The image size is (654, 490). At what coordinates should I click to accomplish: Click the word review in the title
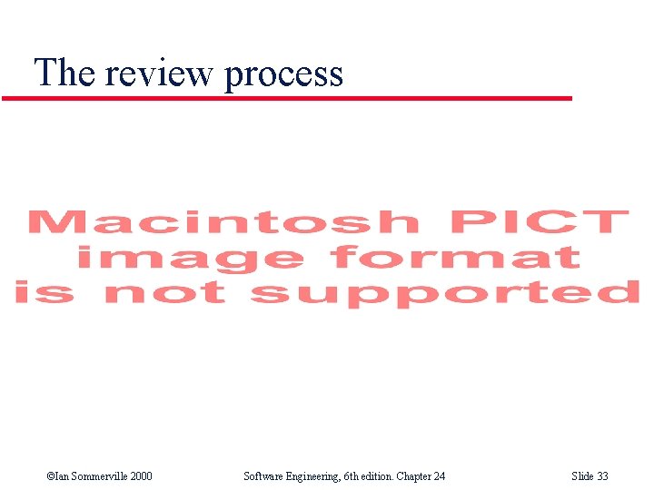(x=160, y=73)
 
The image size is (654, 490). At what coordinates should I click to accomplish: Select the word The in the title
(x=64, y=72)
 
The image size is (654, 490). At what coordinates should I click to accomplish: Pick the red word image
(x=189, y=259)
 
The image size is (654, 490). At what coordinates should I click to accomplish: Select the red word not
(x=164, y=293)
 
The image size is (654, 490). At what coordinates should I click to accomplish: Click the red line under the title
(x=287, y=98)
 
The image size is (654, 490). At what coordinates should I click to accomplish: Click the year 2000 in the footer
(x=140, y=476)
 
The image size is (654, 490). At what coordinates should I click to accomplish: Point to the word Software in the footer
(x=264, y=476)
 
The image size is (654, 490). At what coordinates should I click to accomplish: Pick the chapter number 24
(x=439, y=476)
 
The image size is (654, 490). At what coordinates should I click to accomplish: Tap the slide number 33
(x=602, y=476)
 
